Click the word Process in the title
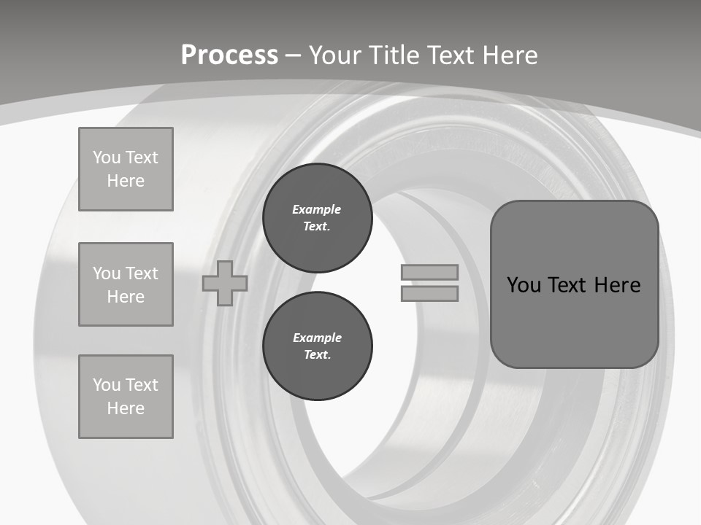tap(229, 55)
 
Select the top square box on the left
tap(126, 169)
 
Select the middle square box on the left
tap(126, 284)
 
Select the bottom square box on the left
tap(126, 397)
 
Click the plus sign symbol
tap(225, 283)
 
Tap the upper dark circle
tap(317, 218)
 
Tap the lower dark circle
tap(317, 346)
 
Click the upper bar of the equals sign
tap(429, 272)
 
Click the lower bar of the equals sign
tap(429, 293)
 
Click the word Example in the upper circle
tap(316, 209)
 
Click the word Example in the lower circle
tap(317, 338)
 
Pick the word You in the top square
tap(106, 157)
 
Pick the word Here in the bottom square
tap(126, 408)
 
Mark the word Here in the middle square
tap(126, 297)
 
